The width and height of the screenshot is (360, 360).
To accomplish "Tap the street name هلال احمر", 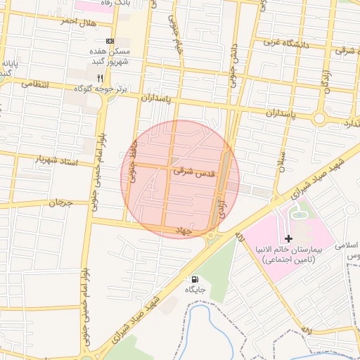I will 77,22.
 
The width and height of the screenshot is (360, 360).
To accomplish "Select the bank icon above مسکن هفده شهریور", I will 109,41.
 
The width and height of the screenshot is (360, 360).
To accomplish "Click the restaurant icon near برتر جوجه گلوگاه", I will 100,77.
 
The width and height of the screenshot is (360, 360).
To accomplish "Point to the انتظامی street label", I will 35,84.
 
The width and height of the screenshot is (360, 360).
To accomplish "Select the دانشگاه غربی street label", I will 287,44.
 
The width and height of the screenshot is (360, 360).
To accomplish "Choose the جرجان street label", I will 60,202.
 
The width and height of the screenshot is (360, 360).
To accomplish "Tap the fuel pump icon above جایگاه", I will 194,278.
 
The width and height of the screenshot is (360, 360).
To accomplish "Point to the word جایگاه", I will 195,289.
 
